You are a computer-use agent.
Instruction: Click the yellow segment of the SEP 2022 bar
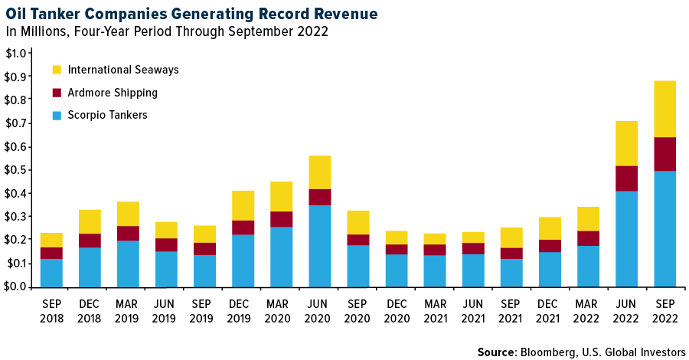[665, 109]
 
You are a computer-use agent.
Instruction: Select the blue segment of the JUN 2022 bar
[626, 238]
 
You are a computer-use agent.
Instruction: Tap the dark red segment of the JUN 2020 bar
[319, 197]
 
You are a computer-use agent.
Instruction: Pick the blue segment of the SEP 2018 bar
[51, 272]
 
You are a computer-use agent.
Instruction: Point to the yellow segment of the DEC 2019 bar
[243, 205]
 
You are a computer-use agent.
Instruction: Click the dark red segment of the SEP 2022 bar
[665, 154]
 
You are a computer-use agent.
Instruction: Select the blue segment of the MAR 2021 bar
[434, 270]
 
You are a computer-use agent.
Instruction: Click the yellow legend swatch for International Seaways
[57, 70]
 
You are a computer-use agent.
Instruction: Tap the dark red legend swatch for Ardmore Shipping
[57, 93]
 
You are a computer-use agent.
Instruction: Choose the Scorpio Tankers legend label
[107, 116]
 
